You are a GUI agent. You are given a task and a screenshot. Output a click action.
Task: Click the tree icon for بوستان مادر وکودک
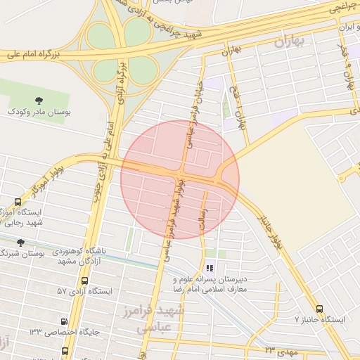[39, 101]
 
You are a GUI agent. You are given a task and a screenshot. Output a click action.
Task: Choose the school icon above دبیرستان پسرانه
[209, 268]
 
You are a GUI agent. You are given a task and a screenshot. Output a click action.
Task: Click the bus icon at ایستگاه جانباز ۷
[320, 309]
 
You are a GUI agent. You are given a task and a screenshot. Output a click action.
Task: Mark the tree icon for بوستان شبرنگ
[20, 243]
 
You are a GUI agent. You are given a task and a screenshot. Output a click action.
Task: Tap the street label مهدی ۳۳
[282, 349]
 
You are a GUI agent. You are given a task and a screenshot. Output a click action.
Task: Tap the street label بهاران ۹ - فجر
[346, 67]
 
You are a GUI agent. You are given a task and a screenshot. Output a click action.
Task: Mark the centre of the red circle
[180, 179]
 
